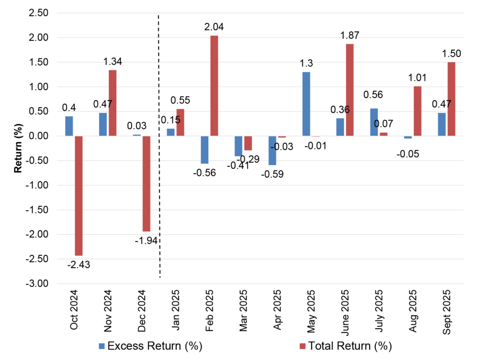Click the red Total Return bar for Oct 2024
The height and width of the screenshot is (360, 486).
79,195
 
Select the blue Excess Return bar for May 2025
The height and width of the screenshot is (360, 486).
306,104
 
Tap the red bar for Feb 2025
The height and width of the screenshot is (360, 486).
214,86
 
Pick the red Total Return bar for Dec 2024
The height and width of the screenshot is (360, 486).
146,184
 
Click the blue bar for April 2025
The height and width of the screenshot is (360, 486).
272,150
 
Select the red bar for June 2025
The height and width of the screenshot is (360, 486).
349,90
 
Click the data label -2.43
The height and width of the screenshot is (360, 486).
78,265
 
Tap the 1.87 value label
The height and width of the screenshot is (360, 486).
349,35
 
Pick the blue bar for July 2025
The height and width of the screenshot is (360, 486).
374,122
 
